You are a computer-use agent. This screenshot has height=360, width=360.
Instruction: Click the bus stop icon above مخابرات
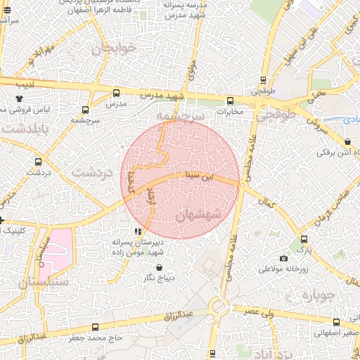click(x=230, y=101)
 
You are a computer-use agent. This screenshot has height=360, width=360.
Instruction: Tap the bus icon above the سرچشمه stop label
click(x=86, y=110)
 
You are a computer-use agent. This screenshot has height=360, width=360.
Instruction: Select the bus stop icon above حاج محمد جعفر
click(x=95, y=327)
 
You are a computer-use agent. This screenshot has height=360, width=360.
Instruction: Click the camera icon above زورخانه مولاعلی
click(x=283, y=259)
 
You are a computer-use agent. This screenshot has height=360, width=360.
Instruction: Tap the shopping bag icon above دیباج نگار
click(x=159, y=268)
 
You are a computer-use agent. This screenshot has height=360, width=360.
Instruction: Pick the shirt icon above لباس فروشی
click(x=19, y=99)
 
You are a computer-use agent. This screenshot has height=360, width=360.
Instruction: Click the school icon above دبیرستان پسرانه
click(x=138, y=231)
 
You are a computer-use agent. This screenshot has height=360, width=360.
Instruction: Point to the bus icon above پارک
click(x=303, y=239)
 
